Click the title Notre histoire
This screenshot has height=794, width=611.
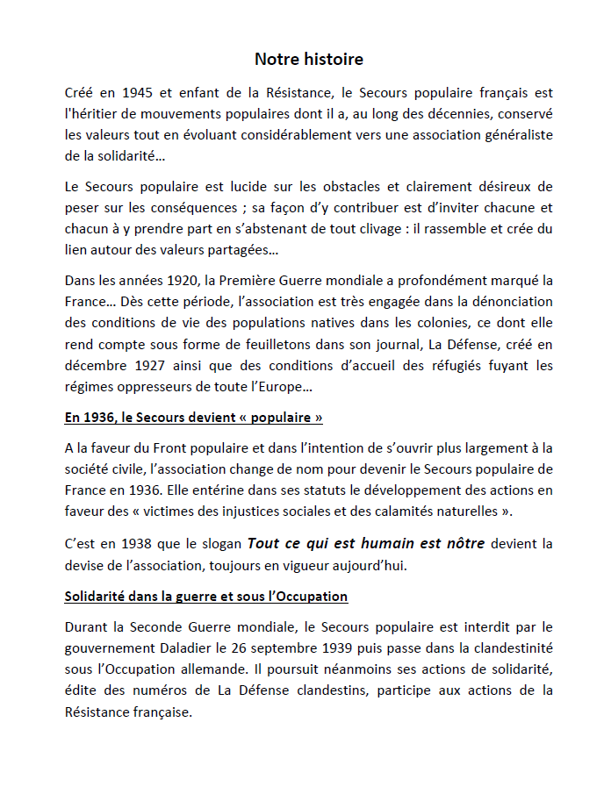(308, 60)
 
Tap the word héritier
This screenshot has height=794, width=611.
(91, 113)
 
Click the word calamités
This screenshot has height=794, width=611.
(422, 511)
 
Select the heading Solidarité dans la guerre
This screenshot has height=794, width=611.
(206, 597)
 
